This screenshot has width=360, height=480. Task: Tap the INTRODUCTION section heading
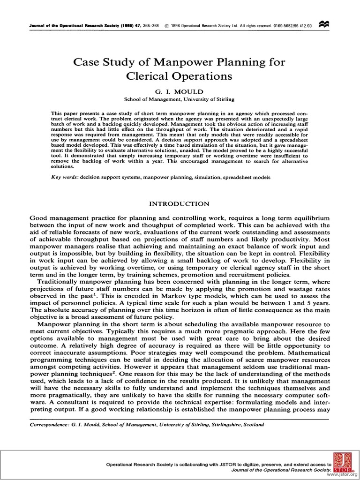coord(179,203)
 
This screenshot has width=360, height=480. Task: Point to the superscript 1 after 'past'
coord(106,294)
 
